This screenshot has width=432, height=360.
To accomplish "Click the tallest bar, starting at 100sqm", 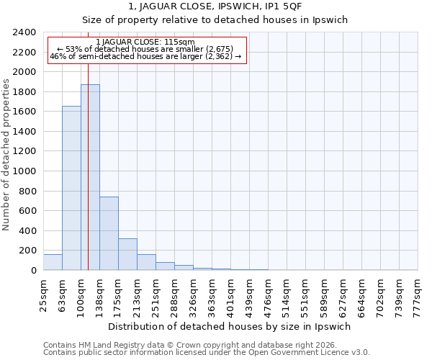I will (x=90, y=177).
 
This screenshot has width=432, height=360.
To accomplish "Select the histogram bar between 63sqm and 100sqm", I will (x=71, y=188).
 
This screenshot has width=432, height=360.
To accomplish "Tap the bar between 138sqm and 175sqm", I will (x=109, y=233).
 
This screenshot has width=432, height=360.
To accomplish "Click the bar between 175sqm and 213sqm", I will (x=127, y=254).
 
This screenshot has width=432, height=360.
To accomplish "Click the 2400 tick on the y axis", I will (x=24, y=33).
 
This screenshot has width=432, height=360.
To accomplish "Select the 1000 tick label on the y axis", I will (x=24, y=171).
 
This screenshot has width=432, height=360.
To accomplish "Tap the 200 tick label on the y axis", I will (x=27, y=251).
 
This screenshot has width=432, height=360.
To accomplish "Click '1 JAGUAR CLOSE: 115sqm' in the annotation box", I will (x=145, y=42).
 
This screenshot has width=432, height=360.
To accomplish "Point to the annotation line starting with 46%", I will (x=145, y=57).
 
